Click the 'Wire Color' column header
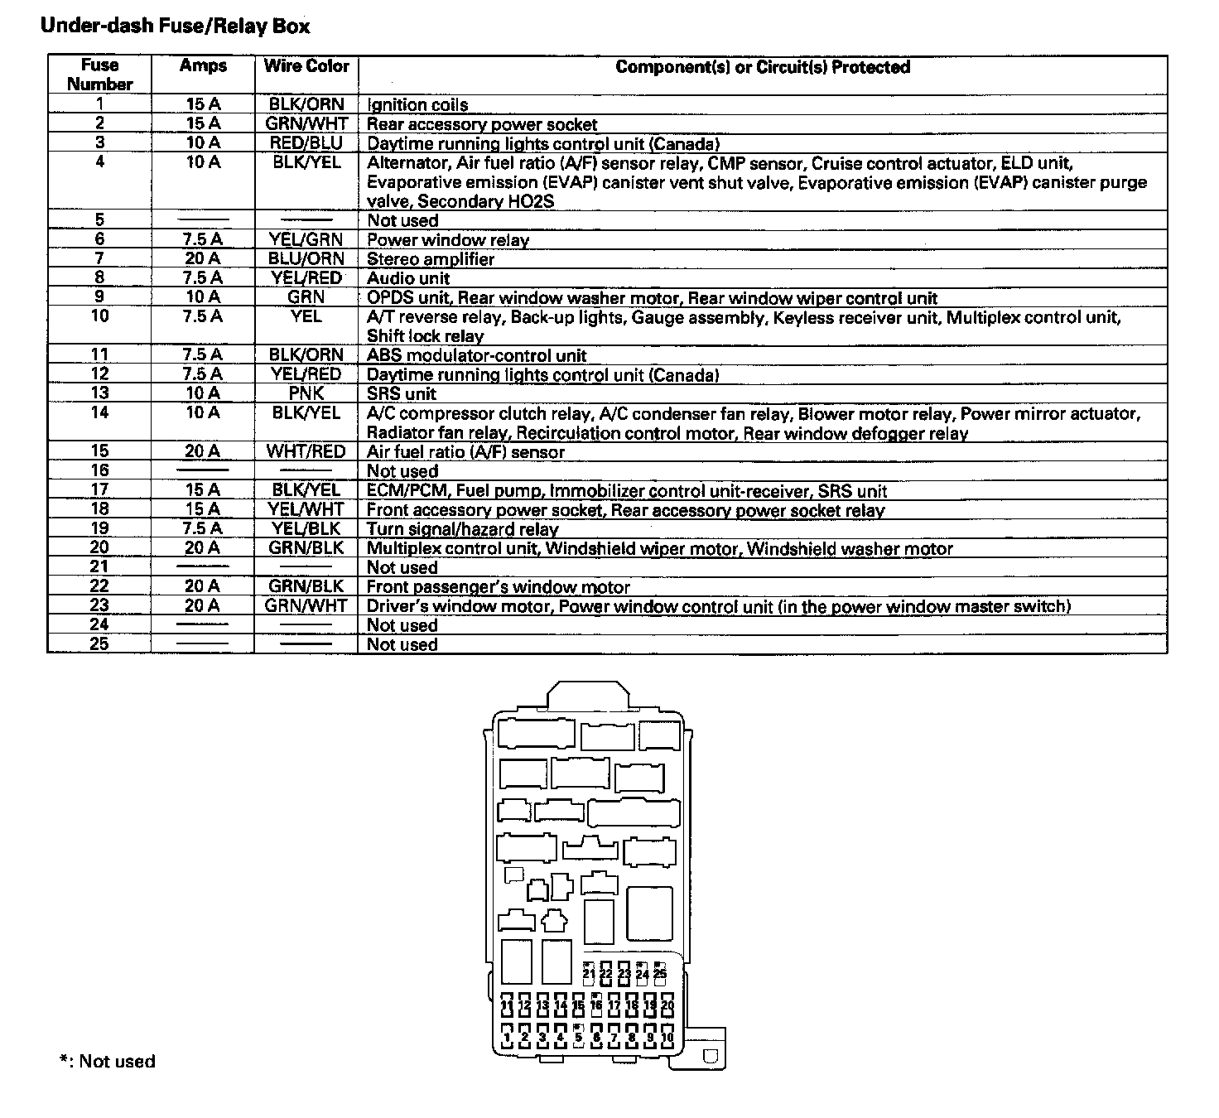pyautogui.click(x=306, y=66)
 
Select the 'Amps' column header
pyautogui.click(x=203, y=66)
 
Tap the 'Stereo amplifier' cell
pyautogui.click(x=431, y=259)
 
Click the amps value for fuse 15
pyautogui.click(x=203, y=451)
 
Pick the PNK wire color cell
pyautogui.click(x=306, y=393)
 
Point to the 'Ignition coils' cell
pyautogui.click(x=417, y=105)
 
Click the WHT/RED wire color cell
pyautogui.click(x=306, y=451)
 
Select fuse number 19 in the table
pyautogui.click(x=99, y=528)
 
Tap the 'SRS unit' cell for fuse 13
pyautogui.click(x=402, y=393)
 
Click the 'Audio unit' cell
pyautogui.click(x=408, y=278)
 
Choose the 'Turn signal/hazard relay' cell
pyautogui.click(x=462, y=529)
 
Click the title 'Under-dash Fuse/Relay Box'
pyautogui.click(x=175, y=26)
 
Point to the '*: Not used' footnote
pyautogui.click(x=107, y=1062)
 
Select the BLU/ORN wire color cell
pyautogui.click(x=306, y=259)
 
